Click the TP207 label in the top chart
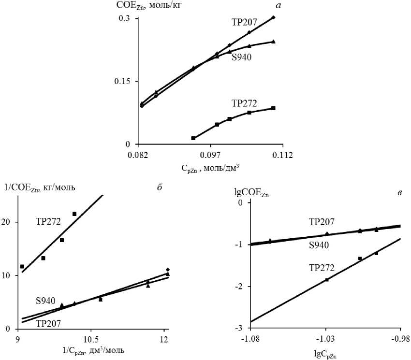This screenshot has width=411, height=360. pyautogui.click(x=244, y=22)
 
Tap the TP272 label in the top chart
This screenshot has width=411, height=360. pyautogui.click(x=244, y=102)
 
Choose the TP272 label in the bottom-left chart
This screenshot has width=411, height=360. pyautogui.click(x=49, y=221)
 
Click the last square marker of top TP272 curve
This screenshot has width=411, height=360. pyautogui.click(x=273, y=108)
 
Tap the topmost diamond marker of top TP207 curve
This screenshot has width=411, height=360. pyautogui.click(x=273, y=17)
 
